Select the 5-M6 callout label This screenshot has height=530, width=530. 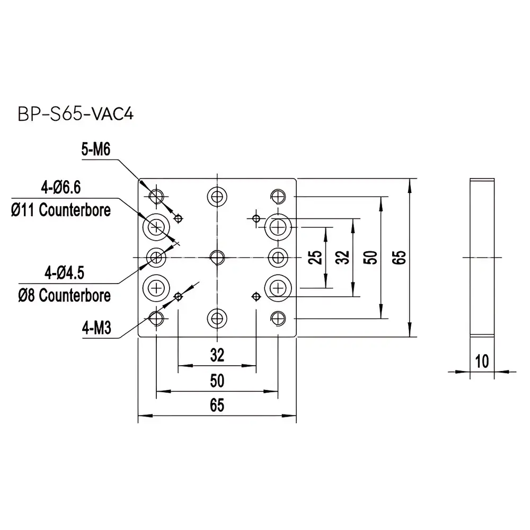[x=95, y=151]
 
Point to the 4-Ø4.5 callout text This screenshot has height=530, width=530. [x=64, y=273]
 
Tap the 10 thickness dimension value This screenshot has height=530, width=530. [x=482, y=362]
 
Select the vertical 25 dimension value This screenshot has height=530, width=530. [x=316, y=258]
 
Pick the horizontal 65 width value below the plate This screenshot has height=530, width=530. [x=217, y=405]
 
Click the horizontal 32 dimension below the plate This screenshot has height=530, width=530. [x=217, y=355]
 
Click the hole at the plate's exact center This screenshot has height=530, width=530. [x=216, y=258]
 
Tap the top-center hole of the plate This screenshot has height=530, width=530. [x=216, y=196]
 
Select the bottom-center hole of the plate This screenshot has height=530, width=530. [x=216, y=318]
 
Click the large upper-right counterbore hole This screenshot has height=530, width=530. [x=277, y=227]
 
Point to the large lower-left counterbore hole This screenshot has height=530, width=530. [x=156, y=288]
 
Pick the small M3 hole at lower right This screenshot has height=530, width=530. [x=256, y=296]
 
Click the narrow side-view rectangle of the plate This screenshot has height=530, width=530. [x=482, y=258]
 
